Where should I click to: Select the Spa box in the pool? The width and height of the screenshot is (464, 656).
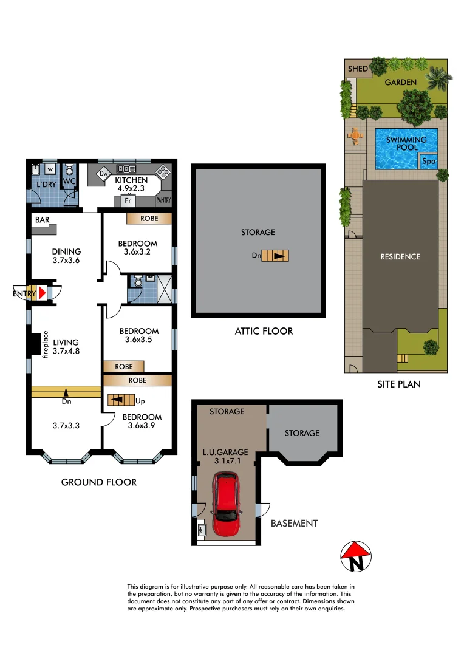(428, 161)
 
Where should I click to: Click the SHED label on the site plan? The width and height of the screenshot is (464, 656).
(358, 69)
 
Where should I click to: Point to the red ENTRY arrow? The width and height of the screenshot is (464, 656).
(42, 293)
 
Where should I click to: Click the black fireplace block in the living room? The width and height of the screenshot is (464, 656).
(33, 344)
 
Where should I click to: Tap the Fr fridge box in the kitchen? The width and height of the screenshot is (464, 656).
(128, 200)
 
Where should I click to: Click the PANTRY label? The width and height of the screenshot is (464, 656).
(163, 199)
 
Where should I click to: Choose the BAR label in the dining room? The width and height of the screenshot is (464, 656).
(42, 219)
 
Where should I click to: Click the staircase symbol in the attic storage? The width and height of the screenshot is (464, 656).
(279, 256)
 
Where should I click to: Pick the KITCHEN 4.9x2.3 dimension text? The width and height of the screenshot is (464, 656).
(131, 185)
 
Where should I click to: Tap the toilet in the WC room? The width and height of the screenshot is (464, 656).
(69, 170)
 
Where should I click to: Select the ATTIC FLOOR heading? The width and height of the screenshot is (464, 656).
(264, 331)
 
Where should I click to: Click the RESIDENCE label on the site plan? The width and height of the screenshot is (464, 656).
(400, 256)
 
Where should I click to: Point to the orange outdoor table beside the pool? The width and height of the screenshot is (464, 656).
(353, 135)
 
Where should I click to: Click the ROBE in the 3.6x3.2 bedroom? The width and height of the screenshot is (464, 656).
(149, 217)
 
